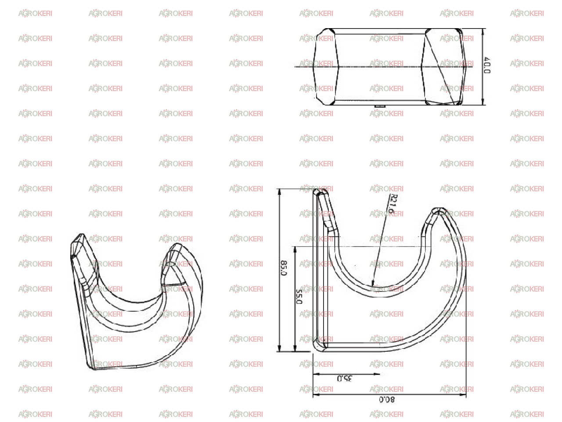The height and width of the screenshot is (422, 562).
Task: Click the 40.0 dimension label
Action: click(487, 65)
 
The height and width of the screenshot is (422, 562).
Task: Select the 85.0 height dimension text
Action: click(284, 268)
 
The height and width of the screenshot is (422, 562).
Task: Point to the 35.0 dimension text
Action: click(344, 378)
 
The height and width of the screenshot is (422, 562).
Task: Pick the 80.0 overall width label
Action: click(387, 399)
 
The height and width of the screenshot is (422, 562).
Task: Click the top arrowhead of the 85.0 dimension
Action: click(279, 192)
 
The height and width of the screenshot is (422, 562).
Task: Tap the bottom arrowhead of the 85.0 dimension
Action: click(279, 348)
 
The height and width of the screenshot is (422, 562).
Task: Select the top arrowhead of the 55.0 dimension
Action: click(295, 250)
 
